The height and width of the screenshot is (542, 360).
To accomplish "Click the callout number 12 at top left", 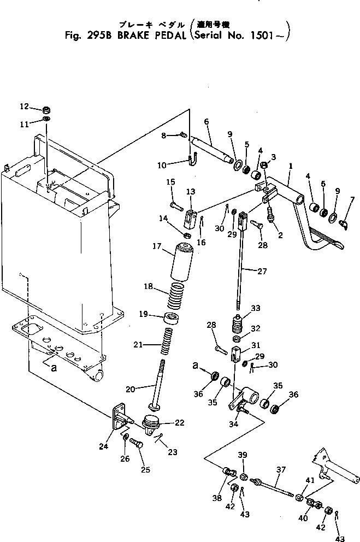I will click(x=23, y=106).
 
